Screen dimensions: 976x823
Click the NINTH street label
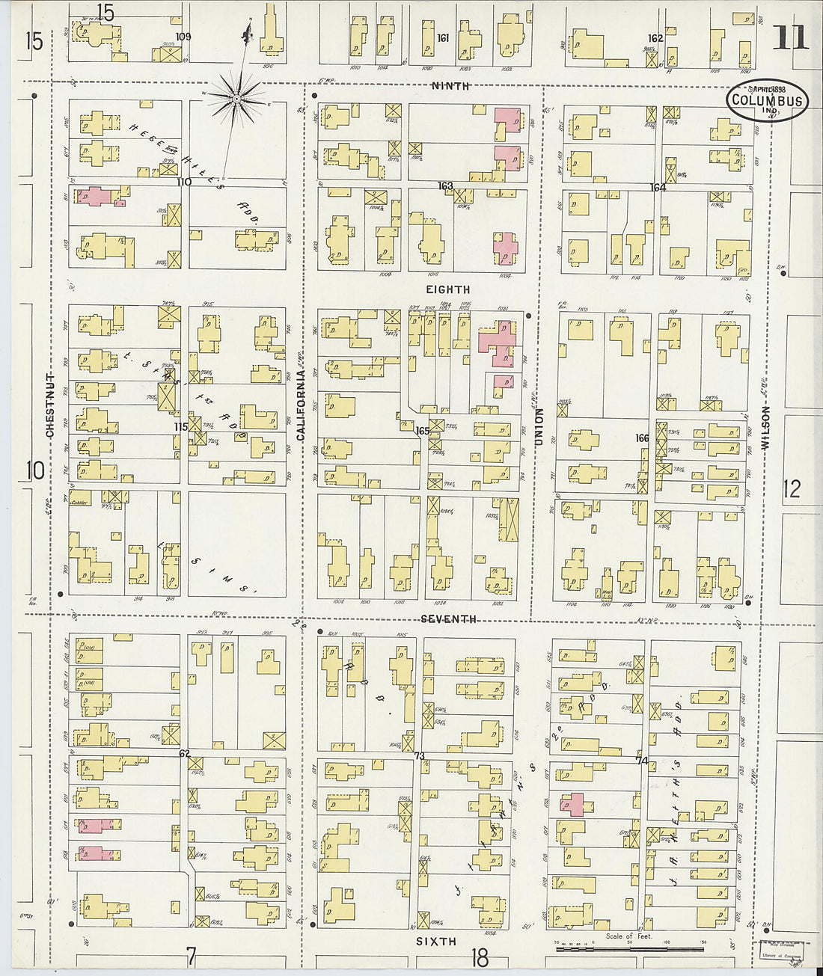click(450, 86)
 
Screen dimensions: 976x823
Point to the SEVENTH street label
click(448, 619)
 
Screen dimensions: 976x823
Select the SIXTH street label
click(435, 942)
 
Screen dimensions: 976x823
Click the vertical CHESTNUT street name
click(50, 405)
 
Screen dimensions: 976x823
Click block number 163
click(446, 185)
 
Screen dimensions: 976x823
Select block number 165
click(423, 431)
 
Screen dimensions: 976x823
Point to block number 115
click(180, 426)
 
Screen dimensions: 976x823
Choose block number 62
click(184, 754)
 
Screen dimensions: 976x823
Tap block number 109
click(183, 36)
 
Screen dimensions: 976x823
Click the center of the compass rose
click(236, 98)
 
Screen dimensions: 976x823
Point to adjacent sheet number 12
click(792, 488)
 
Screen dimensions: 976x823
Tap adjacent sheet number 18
click(479, 957)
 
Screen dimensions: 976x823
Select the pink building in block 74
click(572, 804)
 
